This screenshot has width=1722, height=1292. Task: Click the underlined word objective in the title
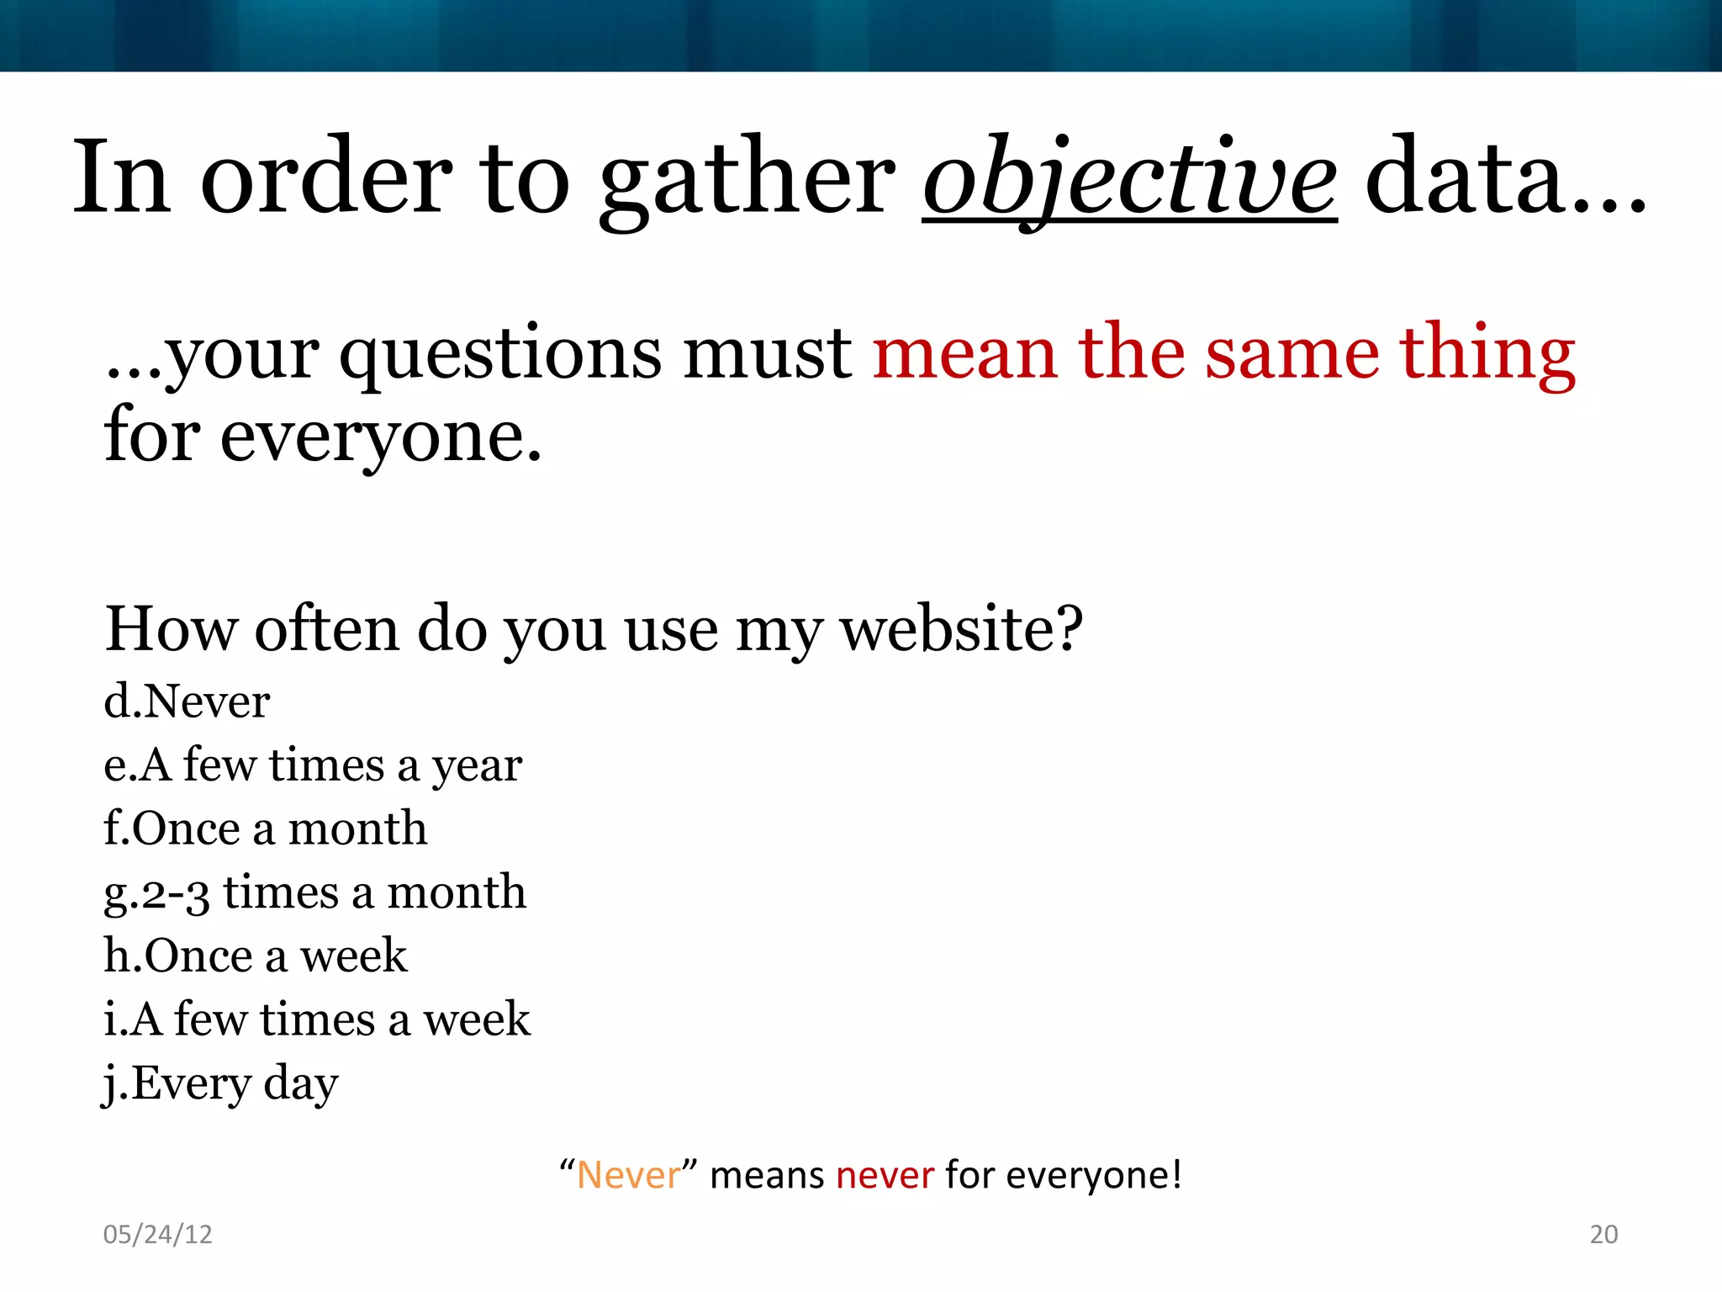[x=1129, y=178]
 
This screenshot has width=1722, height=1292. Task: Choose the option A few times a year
[x=313, y=765]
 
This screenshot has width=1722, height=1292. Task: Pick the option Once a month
[x=265, y=828]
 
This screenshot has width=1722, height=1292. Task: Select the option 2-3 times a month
[x=314, y=892]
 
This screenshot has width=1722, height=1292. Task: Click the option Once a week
[x=256, y=956]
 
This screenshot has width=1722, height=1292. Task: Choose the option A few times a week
[x=316, y=1019]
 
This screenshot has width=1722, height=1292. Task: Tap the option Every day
[x=220, y=1083]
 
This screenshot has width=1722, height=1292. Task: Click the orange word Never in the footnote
[x=628, y=1175]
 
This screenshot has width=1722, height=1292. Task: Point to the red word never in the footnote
[x=885, y=1175]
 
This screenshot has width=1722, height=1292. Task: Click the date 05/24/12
[x=157, y=1234]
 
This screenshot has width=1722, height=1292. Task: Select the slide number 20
[x=1603, y=1234]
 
